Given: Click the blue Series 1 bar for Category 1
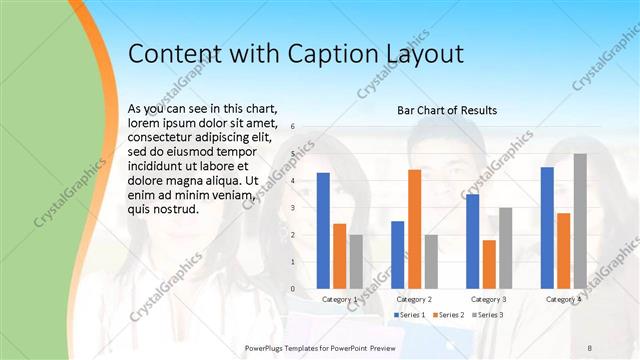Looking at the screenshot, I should point(323,231).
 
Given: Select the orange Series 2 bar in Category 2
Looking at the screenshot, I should point(414,229).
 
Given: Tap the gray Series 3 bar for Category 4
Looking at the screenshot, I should point(580,221).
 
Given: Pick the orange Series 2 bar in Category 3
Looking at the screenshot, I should point(489,264).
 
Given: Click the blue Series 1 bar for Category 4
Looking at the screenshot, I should point(547,228).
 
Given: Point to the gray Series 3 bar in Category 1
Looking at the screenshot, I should point(356,262).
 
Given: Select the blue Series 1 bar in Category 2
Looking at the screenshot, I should point(397,255).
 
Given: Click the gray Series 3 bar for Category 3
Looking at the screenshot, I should point(506,248).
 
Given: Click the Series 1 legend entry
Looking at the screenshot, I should point(410,315).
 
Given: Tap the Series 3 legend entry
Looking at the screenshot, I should point(487,315).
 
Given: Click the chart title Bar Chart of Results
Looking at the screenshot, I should point(447,109).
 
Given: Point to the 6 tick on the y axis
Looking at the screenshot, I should point(292,127).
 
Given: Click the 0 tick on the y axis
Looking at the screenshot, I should point(292,289).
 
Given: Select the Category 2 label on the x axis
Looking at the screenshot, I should point(414,299).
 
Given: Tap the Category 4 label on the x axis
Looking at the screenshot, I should point(564,299).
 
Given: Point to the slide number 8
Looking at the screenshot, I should point(590,346).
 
